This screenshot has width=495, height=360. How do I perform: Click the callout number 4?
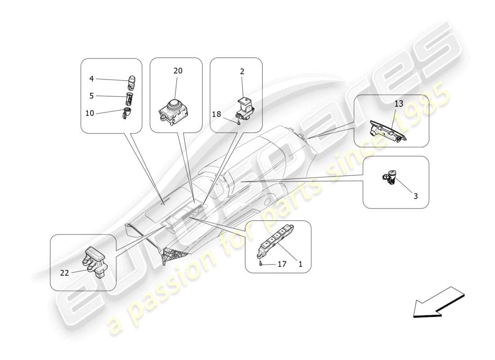tap(91, 79)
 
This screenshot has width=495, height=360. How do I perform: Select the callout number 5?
tap(91, 96)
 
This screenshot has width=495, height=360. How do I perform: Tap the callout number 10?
tap(90, 113)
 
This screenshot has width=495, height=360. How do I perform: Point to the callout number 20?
tap(178, 71)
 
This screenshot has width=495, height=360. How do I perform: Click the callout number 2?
tap(242, 71)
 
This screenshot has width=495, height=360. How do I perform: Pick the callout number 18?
tap(216, 114)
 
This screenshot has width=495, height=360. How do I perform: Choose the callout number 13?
tap(399, 104)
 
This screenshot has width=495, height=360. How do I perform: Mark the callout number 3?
tap(415, 196)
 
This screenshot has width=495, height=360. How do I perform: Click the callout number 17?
tap(282, 264)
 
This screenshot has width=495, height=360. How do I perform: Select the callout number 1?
tap(300, 264)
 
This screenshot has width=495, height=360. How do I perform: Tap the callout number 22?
tap(65, 272)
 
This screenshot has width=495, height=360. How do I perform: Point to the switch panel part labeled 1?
tap(274, 238)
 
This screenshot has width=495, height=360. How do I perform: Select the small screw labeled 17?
tap(261, 264)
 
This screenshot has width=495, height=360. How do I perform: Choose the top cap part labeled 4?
tap(132, 81)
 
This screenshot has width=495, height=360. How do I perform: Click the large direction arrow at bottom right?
tap(437, 303)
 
